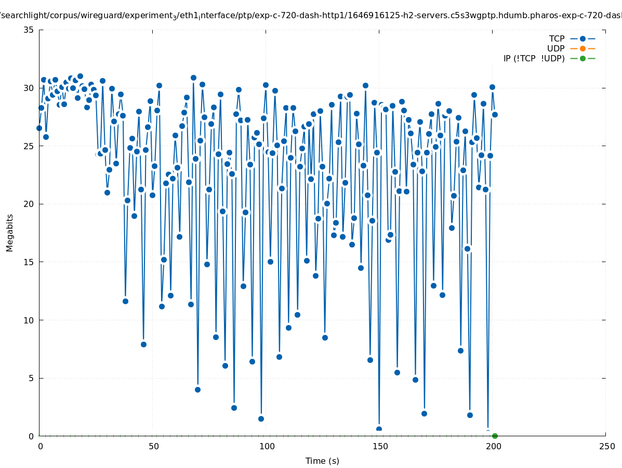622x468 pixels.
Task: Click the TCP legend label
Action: click(557, 38)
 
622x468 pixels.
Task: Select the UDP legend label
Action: click(555, 48)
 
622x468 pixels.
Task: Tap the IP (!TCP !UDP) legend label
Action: click(534, 58)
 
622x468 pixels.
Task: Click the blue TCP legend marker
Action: click(583, 38)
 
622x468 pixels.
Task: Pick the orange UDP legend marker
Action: click(583, 48)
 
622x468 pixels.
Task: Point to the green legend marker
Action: click(583, 58)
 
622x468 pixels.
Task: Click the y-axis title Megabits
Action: click(10, 232)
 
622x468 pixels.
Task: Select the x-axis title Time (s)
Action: click(322, 461)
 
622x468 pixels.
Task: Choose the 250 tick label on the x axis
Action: click(606, 446)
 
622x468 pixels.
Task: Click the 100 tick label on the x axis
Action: click(267, 446)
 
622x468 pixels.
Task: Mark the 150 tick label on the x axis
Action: click(380, 446)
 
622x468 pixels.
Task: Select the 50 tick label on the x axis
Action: click(153, 446)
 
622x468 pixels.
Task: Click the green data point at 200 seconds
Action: click(495, 436)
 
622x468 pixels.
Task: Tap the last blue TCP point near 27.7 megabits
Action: click(495, 114)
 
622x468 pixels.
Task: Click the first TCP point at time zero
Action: click(39, 128)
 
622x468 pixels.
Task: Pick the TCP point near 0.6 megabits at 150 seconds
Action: click(379, 429)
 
